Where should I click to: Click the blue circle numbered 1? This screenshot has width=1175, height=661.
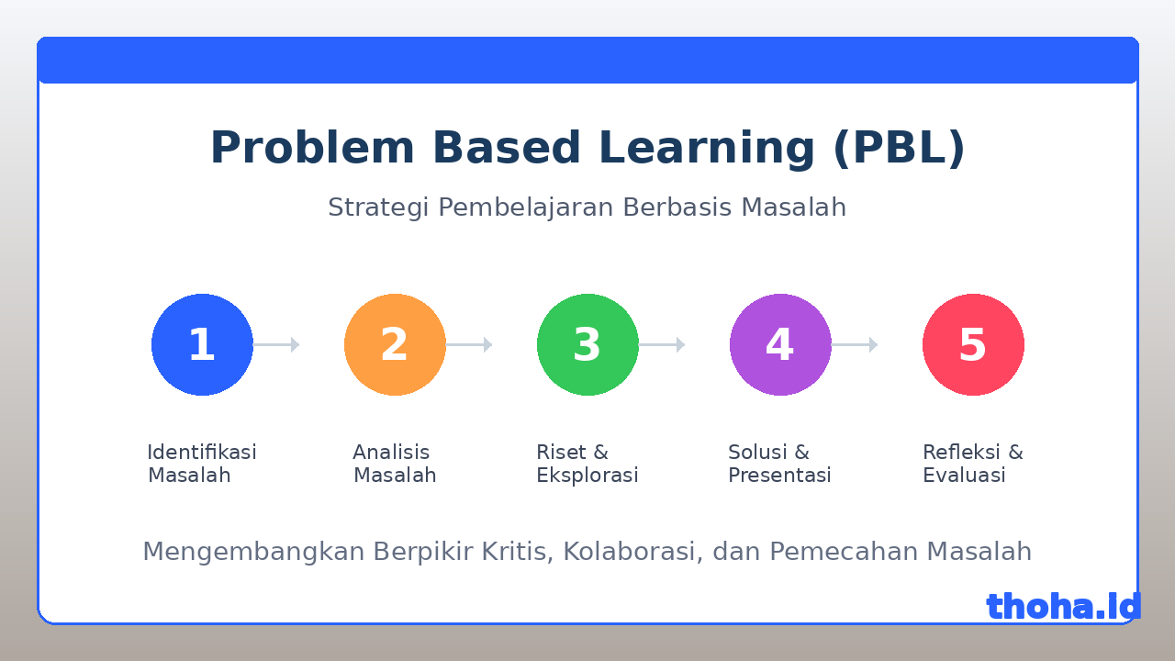202,344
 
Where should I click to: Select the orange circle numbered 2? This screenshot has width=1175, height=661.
395,344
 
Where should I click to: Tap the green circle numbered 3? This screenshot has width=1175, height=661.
587,344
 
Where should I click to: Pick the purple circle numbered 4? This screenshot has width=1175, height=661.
780,344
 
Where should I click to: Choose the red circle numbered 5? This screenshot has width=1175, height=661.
974,344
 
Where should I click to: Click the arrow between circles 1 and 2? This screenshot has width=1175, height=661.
276,344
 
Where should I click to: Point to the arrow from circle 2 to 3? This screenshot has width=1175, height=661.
469,344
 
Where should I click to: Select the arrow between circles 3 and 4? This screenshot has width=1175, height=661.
662,344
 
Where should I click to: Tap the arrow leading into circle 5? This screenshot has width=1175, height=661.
855,344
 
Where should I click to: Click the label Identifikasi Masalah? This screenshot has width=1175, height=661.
202,464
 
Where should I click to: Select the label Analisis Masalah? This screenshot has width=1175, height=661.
395,464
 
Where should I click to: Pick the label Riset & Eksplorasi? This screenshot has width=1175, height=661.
587,464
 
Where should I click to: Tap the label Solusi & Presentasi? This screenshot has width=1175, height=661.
779,464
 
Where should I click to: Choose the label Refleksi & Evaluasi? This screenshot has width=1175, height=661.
973,464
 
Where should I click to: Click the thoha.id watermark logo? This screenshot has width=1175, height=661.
1064,607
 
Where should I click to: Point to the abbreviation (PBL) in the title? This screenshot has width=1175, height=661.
899,149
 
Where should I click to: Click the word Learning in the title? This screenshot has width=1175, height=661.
707,149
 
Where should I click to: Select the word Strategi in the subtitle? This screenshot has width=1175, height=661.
379,207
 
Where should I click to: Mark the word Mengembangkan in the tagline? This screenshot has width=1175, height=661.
254,553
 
